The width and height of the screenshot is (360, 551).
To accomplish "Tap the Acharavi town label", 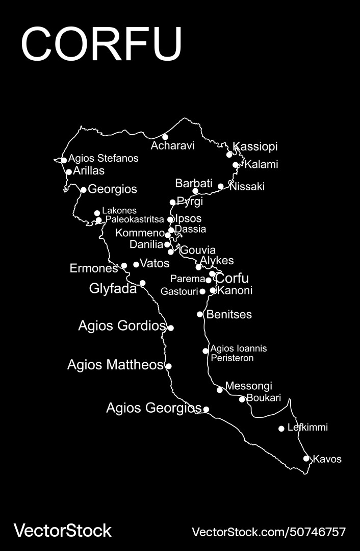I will (x=172, y=146).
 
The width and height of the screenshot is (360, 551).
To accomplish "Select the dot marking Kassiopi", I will (x=229, y=154).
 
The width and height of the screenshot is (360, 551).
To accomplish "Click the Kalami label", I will (x=261, y=165).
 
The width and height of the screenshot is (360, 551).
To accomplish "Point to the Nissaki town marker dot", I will (x=221, y=186).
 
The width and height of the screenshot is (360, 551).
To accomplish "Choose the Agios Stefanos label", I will (x=104, y=158).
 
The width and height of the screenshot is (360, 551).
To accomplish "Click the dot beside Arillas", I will (x=69, y=172).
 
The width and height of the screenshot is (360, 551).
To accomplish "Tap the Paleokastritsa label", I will (x=135, y=220).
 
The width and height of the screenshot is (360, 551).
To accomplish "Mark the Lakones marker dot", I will (x=97, y=213).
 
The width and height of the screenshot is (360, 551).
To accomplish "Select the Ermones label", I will (x=94, y=268).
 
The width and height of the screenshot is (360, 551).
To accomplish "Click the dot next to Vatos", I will (x=136, y=264).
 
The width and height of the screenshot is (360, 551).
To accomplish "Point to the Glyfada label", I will (x=113, y=289).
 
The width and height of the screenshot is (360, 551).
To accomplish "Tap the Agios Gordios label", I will (x=122, y=325).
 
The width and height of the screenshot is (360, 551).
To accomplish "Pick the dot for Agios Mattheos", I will (x=169, y=366).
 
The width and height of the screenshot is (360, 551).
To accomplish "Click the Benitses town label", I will (x=228, y=314).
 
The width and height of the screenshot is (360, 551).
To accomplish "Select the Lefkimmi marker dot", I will (x=281, y=429).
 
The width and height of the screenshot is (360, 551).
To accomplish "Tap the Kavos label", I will (x=327, y=459).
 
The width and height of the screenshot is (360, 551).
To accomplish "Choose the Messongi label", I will (x=248, y=386).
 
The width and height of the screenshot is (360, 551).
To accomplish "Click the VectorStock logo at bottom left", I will (x=62, y=531).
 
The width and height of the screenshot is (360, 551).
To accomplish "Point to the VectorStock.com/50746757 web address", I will (x=268, y=532).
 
